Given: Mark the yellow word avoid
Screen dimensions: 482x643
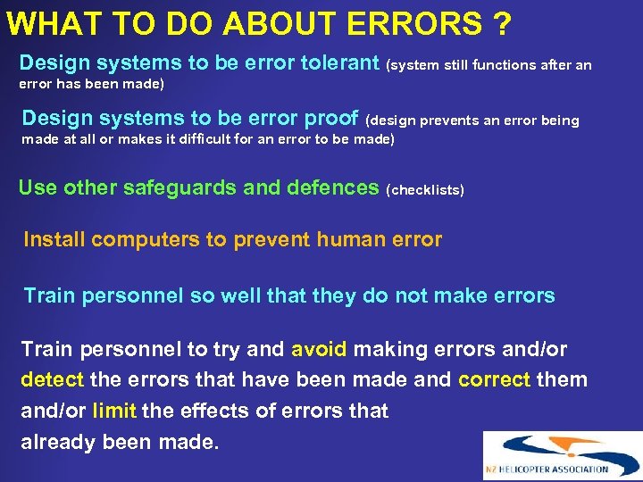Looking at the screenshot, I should coord(319,349).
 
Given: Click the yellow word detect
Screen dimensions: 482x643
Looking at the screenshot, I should coord(52,379).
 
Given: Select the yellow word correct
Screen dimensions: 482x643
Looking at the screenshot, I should coord(495,379).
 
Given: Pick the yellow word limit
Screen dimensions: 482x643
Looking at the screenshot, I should coord(113,411).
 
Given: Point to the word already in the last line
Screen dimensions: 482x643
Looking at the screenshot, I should coord(58,442).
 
